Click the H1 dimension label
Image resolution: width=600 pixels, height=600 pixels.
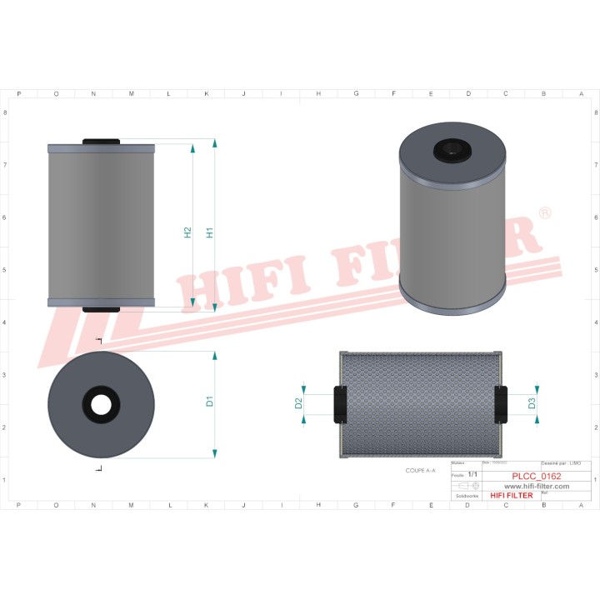click(x=210, y=232)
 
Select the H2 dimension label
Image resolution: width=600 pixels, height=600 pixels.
click(x=187, y=232)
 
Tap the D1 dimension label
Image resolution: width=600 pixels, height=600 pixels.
click(x=210, y=401)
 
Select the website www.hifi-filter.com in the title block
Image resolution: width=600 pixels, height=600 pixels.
click(x=537, y=486)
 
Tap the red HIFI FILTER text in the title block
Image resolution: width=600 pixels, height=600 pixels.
click(x=511, y=496)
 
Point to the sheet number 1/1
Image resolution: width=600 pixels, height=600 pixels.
click(x=472, y=475)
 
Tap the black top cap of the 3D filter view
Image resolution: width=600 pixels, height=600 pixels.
click(x=451, y=149)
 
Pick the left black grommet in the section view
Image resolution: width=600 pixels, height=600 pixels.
click(x=340, y=403)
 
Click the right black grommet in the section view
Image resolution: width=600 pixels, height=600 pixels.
click(x=500, y=403)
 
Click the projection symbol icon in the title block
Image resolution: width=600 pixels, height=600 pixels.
click(x=464, y=486)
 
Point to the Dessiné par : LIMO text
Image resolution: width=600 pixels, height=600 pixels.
click(x=561, y=463)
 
